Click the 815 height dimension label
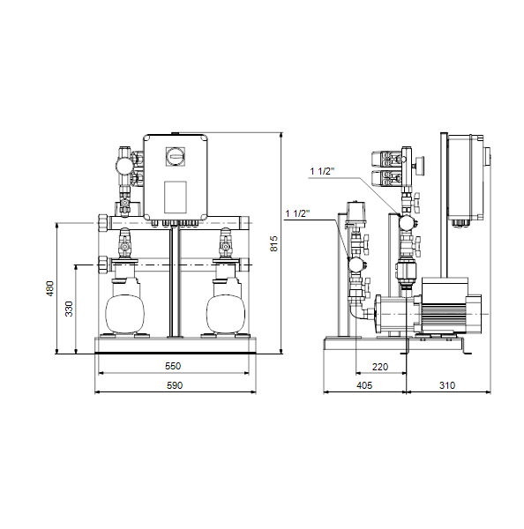273,243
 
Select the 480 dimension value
50,288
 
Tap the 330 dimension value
69,309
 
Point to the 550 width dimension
173,366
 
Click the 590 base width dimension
175,385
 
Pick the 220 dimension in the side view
380,367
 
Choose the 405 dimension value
364,385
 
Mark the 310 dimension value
447,385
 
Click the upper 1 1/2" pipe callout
323,171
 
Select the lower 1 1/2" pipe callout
297,213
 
